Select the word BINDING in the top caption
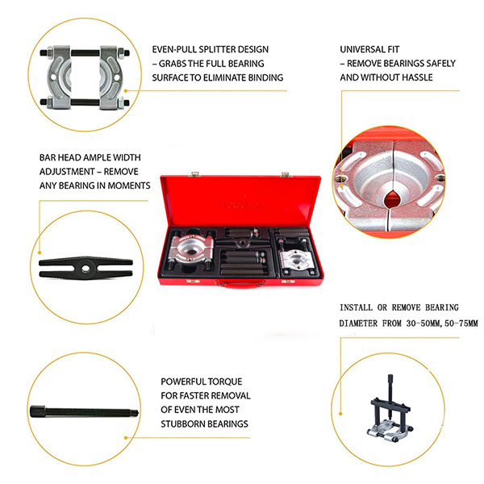coord(261,77)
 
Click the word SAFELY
coord(443,63)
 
